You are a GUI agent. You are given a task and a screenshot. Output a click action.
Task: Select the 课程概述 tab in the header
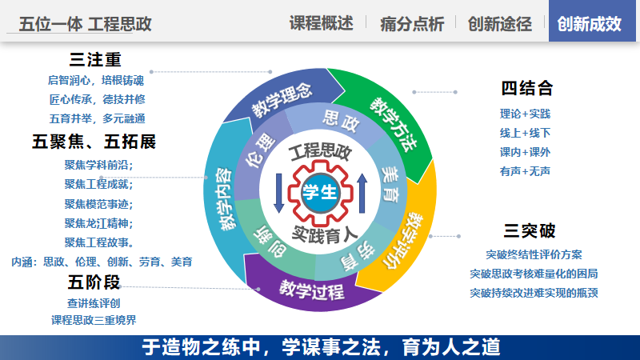pos(322,23)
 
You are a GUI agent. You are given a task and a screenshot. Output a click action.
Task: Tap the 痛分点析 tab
pos(412,24)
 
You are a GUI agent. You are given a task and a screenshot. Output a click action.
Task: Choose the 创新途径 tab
pos(499,24)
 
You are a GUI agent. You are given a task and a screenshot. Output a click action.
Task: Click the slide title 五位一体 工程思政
pos(86,24)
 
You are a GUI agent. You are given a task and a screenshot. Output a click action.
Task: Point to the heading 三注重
pos(95,59)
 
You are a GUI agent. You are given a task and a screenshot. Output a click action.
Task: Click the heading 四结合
pos(527,88)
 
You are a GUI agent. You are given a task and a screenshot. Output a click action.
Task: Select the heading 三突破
pos(530,230)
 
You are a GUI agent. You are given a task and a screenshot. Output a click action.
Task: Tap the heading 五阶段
pos(94,282)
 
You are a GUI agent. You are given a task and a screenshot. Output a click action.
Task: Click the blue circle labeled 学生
pos(320,192)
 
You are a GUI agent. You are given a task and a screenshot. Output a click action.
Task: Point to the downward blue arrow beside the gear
pos(278,193)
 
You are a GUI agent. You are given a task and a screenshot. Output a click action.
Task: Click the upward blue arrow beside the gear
pos(362,193)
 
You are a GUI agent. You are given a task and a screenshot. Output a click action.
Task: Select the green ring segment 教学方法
pos(392,122)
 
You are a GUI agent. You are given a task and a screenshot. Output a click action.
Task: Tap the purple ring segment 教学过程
pos(311,290)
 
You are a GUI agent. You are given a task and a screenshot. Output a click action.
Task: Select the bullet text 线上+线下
pos(526,133)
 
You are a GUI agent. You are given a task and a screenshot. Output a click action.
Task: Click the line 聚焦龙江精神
pos(98,223)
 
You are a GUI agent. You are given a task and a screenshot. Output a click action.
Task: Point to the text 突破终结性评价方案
pos(534,254)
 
